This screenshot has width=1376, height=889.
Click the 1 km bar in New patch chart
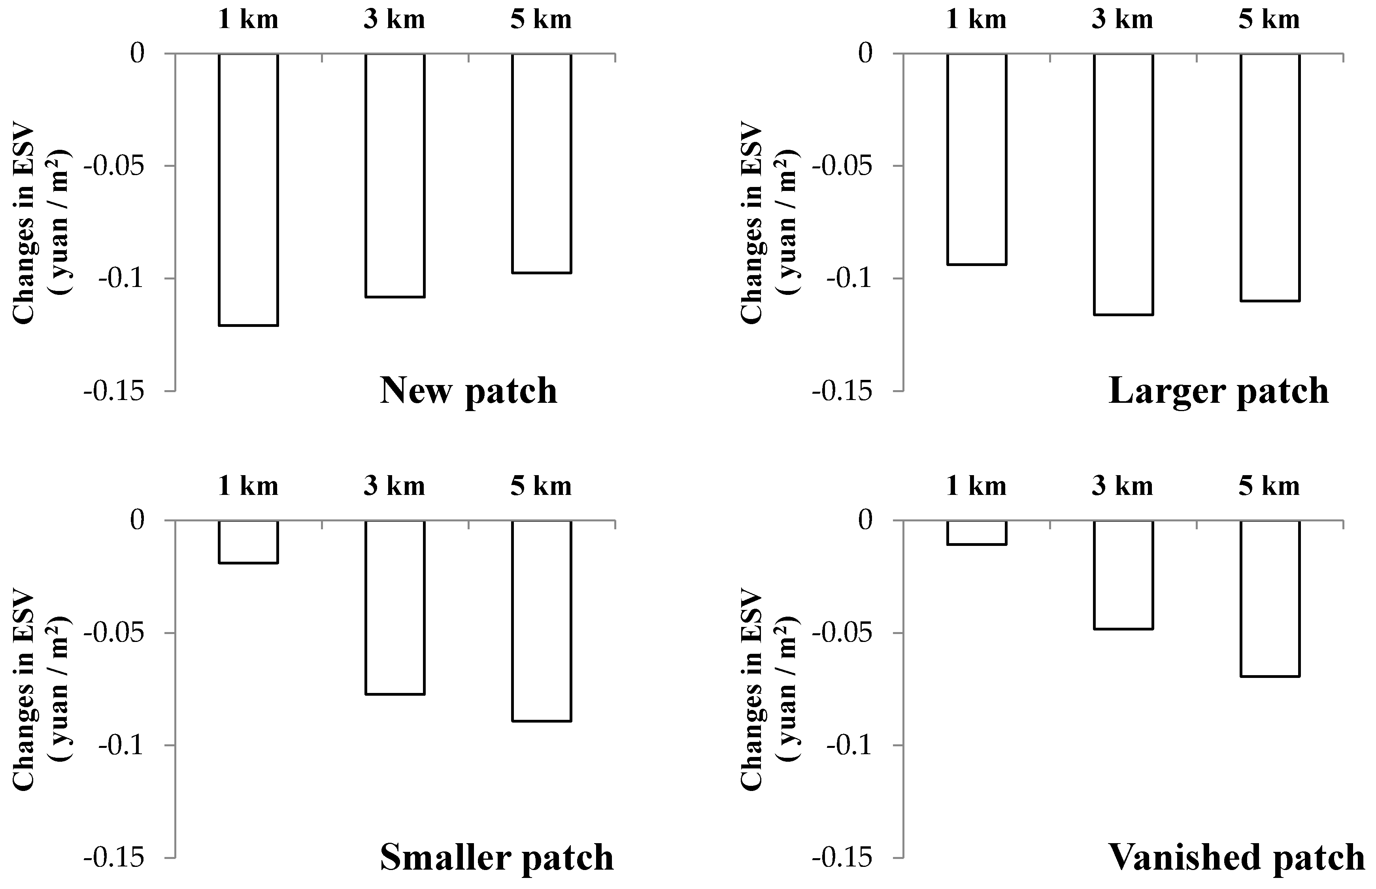248,189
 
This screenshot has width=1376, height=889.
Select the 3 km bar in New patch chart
395,175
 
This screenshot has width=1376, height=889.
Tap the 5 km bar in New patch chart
542,163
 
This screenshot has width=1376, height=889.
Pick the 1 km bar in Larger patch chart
977,159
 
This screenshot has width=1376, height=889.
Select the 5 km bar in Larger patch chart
1270,177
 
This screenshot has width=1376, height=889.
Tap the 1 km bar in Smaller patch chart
248,542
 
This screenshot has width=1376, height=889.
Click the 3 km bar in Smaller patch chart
395,607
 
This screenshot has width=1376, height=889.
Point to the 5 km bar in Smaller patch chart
542,621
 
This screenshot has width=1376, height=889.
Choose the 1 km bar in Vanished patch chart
977,532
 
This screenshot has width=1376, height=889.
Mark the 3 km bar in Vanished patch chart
1123,574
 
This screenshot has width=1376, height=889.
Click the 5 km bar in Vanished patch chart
1270,598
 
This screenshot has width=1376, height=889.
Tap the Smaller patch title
496,857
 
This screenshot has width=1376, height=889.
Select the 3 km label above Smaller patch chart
394,486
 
